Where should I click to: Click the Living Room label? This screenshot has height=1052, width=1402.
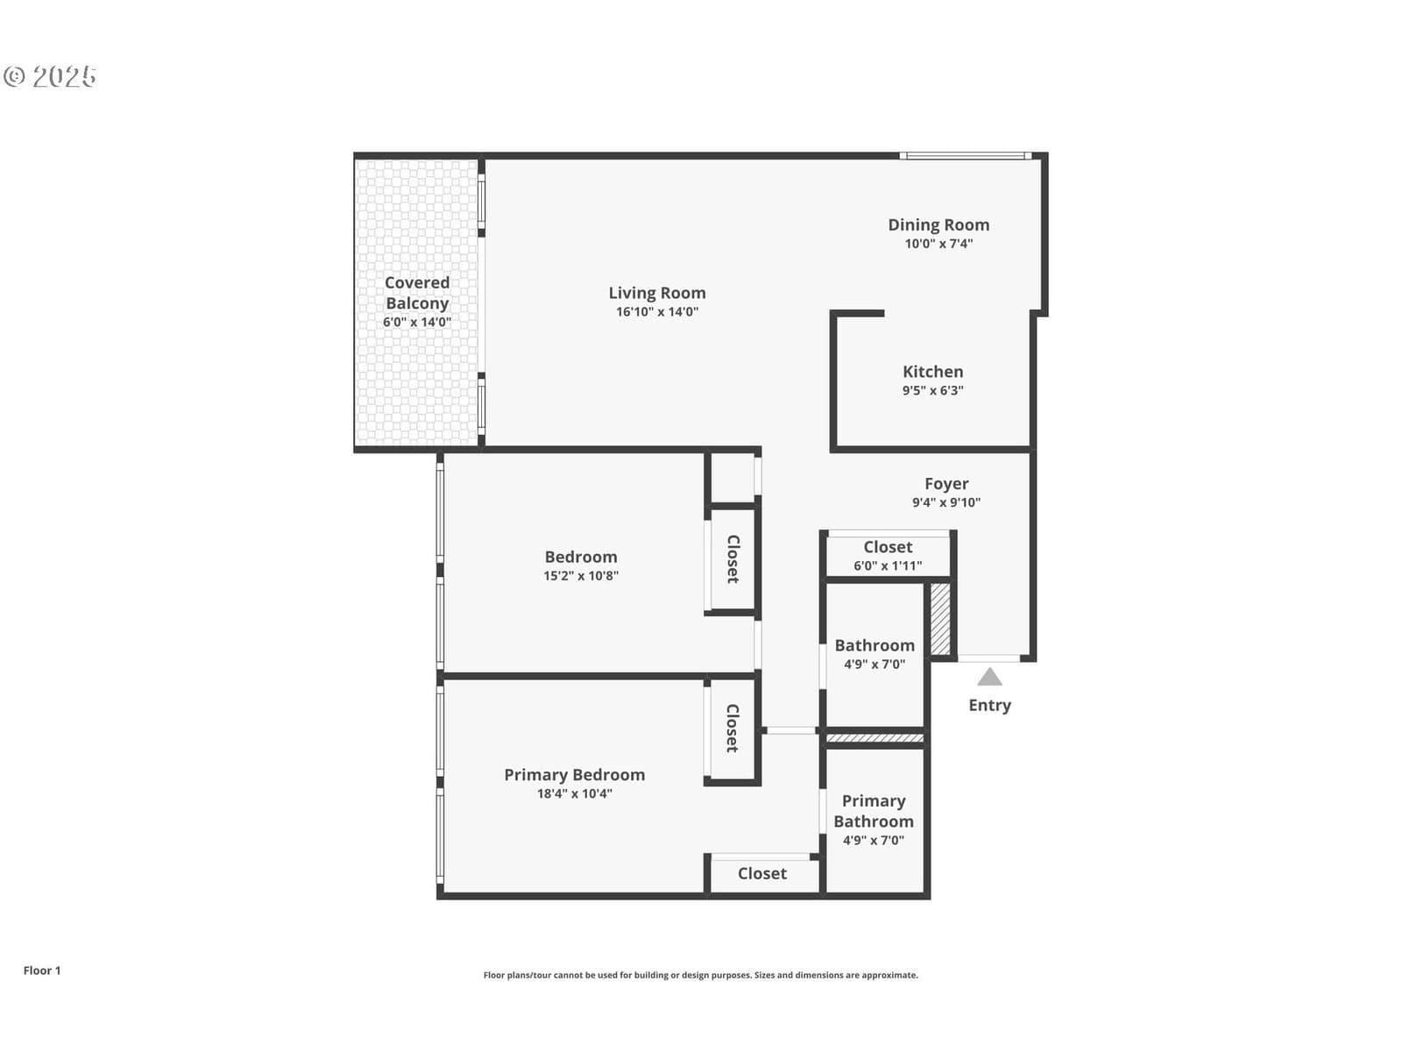click(x=656, y=293)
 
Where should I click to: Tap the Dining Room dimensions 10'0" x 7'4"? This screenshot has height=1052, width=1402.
click(x=938, y=244)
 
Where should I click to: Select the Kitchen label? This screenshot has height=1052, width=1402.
click(x=932, y=372)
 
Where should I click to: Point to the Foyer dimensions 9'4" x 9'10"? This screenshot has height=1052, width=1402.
click(x=946, y=502)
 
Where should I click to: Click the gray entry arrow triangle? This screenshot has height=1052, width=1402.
click(x=989, y=677)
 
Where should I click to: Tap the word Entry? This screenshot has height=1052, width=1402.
click(x=989, y=706)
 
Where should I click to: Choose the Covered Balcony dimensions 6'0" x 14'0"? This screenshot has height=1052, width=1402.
click(x=416, y=322)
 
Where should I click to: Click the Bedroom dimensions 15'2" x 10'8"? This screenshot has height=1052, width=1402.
click(x=581, y=576)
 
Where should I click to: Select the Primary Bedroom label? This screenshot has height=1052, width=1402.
click(x=574, y=775)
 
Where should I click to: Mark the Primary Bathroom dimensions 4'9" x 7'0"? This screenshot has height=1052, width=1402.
click(x=873, y=841)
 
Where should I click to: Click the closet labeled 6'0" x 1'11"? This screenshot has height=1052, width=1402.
click(x=888, y=556)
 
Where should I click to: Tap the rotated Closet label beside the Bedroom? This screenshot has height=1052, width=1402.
click(x=733, y=559)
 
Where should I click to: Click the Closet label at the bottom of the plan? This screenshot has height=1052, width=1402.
click(x=762, y=874)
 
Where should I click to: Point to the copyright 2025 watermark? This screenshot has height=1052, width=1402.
click(x=50, y=76)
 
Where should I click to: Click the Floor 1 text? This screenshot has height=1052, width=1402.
click(x=42, y=970)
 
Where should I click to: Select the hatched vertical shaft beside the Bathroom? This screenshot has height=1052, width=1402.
click(x=940, y=619)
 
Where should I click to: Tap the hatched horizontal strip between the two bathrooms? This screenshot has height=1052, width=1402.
click(x=875, y=738)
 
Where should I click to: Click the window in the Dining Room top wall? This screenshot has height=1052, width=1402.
click(x=965, y=155)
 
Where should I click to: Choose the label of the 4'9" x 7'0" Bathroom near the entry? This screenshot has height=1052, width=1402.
click(x=874, y=646)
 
